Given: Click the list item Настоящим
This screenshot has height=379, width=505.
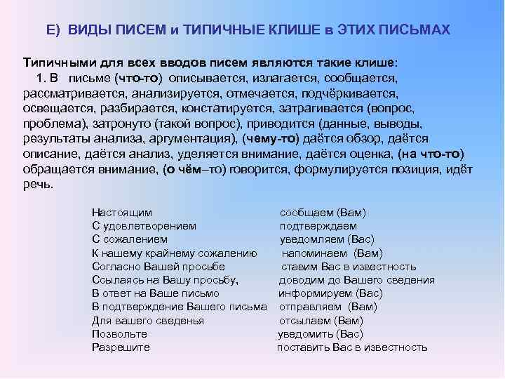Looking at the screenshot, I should [122, 212].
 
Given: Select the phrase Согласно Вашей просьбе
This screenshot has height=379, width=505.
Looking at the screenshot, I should [159, 267].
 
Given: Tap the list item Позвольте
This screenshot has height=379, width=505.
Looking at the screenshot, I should [119, 334].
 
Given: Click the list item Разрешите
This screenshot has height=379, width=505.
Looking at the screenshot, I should [121, 347].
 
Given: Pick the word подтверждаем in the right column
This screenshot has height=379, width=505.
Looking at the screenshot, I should [318, 226].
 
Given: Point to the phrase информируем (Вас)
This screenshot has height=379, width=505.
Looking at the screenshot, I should [321, 293].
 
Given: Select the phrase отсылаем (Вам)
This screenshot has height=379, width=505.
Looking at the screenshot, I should [321, 321].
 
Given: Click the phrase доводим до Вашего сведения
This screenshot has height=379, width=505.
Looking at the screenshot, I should [356, 280].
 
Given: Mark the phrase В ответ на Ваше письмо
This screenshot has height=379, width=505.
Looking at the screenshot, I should [156, 293].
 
